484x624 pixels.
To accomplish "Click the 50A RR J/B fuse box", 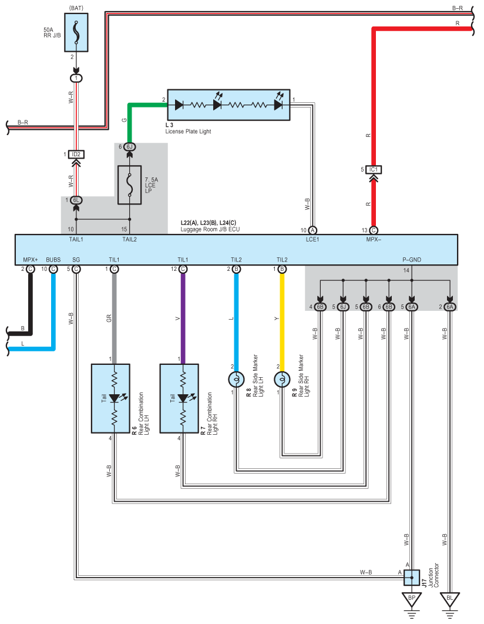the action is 76,33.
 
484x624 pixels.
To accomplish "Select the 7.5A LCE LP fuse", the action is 130,185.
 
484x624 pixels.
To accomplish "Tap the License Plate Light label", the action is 188,132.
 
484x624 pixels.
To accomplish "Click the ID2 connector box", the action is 76,155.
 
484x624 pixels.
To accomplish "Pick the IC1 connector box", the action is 374,170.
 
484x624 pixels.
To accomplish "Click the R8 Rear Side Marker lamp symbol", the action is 236,380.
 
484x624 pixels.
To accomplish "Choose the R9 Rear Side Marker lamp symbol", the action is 282,380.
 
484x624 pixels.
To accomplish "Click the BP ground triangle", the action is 412,599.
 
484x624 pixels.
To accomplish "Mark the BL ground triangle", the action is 450,599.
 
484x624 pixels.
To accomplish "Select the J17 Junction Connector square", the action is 412,578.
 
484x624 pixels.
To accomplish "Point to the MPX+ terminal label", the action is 30,260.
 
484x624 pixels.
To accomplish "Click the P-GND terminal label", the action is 412,260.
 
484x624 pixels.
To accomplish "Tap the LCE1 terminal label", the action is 312,240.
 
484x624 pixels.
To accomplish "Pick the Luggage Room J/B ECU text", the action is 210,229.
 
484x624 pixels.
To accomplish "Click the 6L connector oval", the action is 76,200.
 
